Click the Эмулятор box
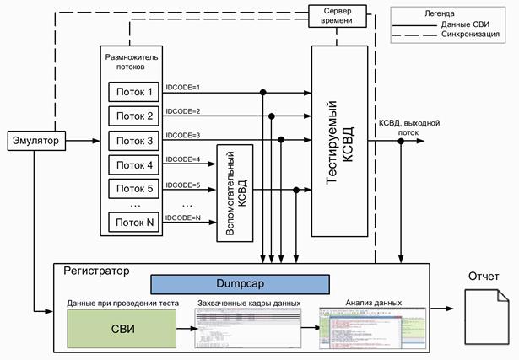35,140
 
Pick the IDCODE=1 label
183,87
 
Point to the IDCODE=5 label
183,184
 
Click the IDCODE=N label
183,218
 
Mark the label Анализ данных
373,302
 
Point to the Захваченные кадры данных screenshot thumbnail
247,328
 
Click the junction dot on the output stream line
401,141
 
